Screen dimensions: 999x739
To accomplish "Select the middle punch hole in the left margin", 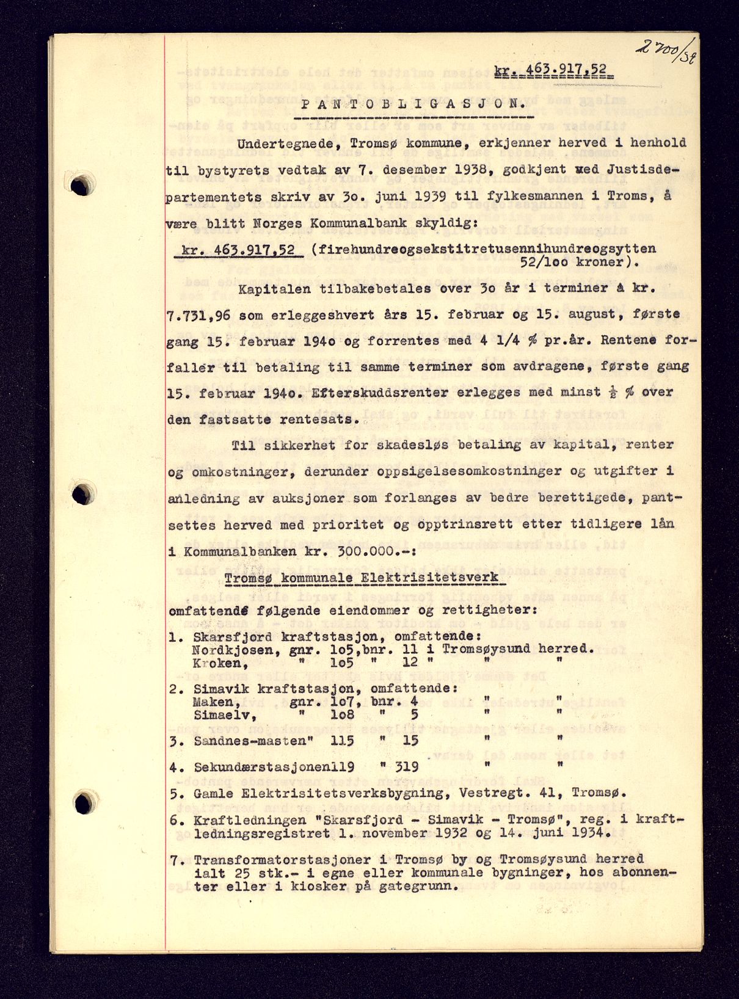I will click(83, 492).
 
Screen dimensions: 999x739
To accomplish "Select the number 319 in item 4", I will click(403, 767).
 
